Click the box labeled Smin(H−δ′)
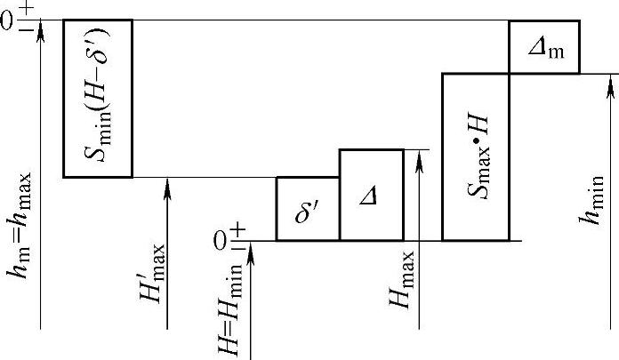(97, 98)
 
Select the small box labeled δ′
(308, 209)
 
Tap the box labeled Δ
(371, 195)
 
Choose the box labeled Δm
(544, 46)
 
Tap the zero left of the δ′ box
(221, 240)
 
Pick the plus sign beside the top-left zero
(23, 12)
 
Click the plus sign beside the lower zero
(237, 231)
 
